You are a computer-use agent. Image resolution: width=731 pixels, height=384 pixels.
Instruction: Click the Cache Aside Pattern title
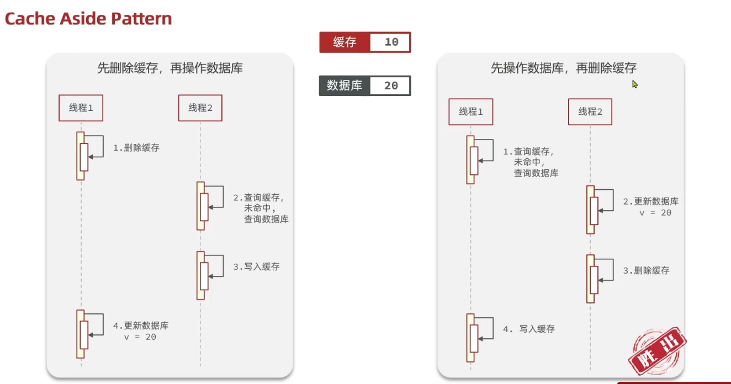pyautogui.click(x=88, y=19)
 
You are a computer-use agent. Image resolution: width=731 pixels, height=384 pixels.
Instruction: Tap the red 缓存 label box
pyautogui.click(x=345, y=42)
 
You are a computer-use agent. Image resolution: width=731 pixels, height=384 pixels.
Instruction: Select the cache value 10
pyautogui.click(x=391, y=42)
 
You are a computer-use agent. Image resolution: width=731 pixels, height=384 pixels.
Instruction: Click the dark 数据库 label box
pyautogui.click(x=345, y=86)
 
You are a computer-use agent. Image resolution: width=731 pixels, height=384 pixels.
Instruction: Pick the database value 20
pyautogui.click(x=391, y=86)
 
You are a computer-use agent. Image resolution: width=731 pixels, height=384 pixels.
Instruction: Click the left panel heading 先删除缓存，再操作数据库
pyautogui.click(x=170, y=68)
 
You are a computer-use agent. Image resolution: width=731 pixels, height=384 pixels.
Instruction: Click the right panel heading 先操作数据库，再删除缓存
pyautogui.click(x=564, y=68)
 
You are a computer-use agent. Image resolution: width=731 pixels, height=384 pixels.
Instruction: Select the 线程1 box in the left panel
pyautogui.click(x=81, y=108)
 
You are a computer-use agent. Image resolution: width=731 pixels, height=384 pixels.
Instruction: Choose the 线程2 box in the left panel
pyautogui.click(x=200, y=108)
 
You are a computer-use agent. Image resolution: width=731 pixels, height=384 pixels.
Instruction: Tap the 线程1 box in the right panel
pyautogui.click(x=471, y=112)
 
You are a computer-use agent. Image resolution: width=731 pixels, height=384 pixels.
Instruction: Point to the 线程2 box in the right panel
pyautogui.click(x=590, y=112)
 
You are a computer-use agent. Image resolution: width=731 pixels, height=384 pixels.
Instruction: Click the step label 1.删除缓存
pyautogui.click(x=136, y=148)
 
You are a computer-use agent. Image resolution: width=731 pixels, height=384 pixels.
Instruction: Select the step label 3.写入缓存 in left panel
pyautogui.click(x=256, y=266)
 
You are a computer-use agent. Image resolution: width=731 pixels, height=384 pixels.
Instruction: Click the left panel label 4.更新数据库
pyautogui.click(x=141, y=326)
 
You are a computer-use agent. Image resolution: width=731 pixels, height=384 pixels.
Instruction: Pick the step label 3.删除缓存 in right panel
pyautogui.click(x=646, y=271)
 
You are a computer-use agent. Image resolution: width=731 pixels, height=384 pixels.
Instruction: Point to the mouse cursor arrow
pyautogui.click(x=635, y=84)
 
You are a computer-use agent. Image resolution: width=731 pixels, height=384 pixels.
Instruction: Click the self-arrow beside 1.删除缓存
pyautogui.click(x=97, y=147)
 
